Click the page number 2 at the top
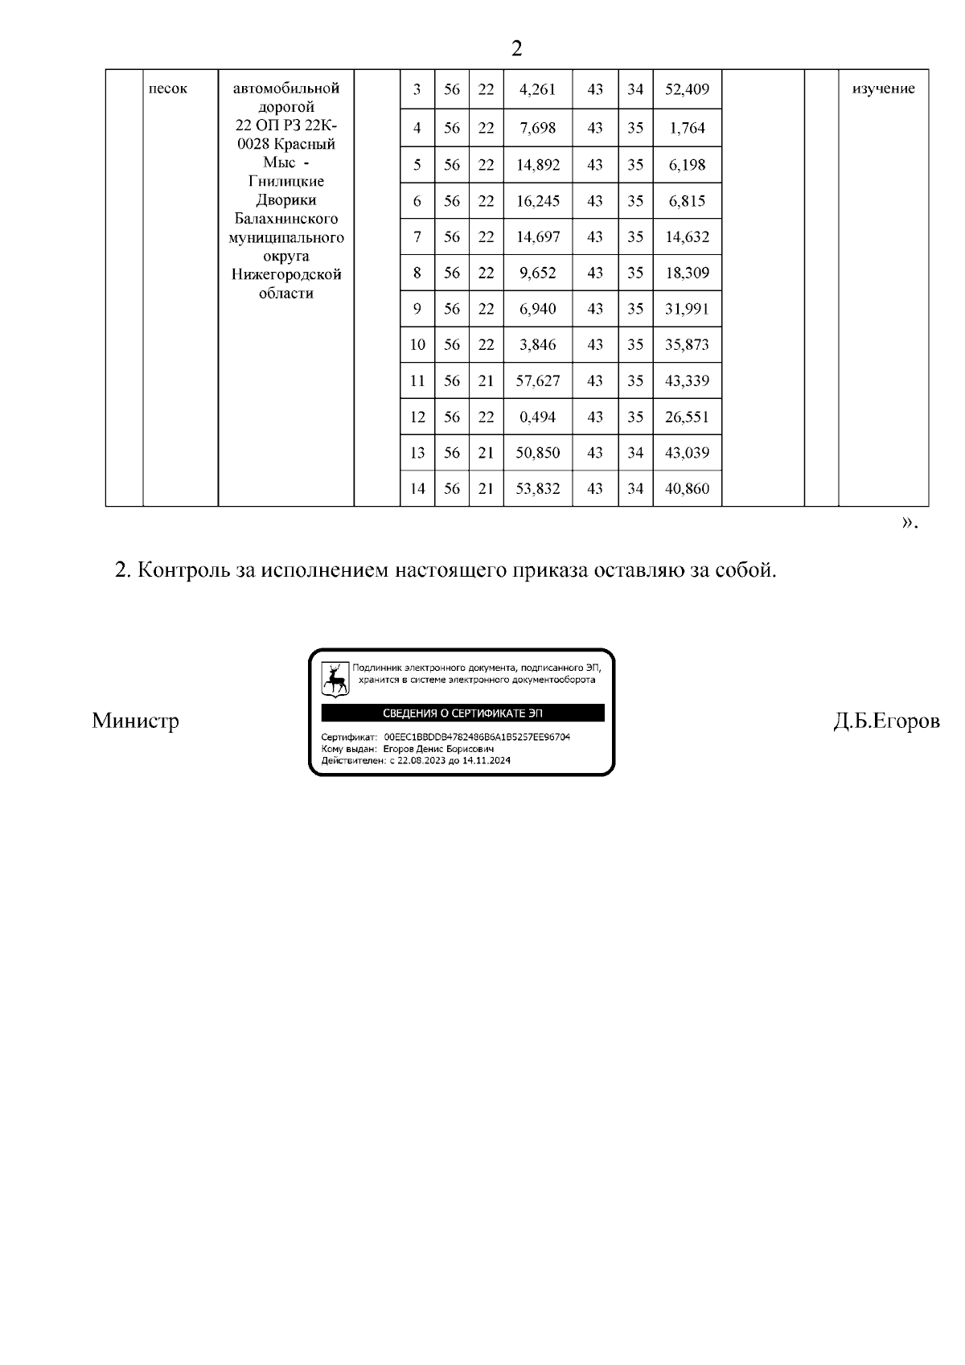[516, 49]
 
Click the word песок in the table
[168, 88]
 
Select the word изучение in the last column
[883, 88]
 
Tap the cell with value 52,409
[687, 89]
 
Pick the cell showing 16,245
[537, 201]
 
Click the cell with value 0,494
[537, 417]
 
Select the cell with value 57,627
[537, 380]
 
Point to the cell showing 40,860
[687, 488]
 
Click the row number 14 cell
[417, 488]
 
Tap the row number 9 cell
[417, 309]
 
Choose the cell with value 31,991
[687, 309]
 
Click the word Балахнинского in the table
[285, 219]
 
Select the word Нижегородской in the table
[285, 274]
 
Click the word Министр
[135, 720]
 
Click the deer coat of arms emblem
[335, 679]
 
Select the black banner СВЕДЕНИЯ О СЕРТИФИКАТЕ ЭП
[462, 713]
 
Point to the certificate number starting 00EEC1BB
[477, 737]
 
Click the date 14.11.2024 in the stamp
[487, 760]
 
